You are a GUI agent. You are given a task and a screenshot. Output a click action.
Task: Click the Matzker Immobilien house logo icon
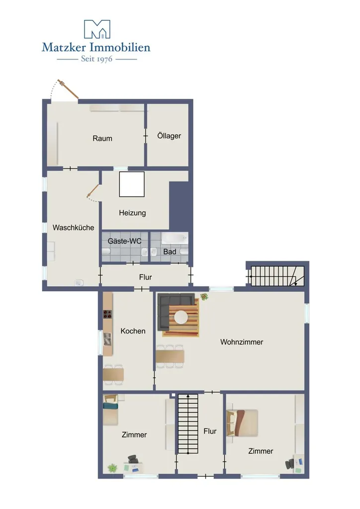pos(97,29)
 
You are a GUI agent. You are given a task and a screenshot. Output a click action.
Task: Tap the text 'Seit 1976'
pos(96,59)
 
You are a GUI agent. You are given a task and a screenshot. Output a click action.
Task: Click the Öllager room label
pos(169,136)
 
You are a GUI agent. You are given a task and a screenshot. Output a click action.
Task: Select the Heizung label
pos(132,213)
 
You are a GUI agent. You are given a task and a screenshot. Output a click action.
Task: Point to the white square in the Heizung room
pos(132,184)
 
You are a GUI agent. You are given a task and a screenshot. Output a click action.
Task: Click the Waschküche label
pos(74,228)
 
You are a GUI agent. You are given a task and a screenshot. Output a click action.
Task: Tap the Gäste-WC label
pos(125,241)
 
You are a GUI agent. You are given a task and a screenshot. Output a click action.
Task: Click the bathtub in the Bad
pos(175,239)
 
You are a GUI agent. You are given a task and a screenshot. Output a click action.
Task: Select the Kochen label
pos(133,331)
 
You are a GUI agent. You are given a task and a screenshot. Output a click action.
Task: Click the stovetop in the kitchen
pos(107,314)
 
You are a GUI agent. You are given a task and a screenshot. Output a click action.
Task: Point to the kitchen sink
pos(107,339)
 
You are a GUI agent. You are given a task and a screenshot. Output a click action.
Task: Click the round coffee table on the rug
pos(181,317)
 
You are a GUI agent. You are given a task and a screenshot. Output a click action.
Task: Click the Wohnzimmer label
pos(242,342)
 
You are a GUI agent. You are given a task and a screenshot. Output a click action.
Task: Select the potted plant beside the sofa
pos(204,296)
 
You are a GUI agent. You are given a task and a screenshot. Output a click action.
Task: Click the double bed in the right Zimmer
pos(242,423)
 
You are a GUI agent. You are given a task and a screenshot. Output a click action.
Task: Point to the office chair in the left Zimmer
pos(132,459)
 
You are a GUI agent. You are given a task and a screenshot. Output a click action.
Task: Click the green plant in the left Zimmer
pos(112,468)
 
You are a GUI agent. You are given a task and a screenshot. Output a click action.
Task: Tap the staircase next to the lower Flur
pos(188,424)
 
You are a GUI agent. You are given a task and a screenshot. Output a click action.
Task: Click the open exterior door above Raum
pos(68,88)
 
